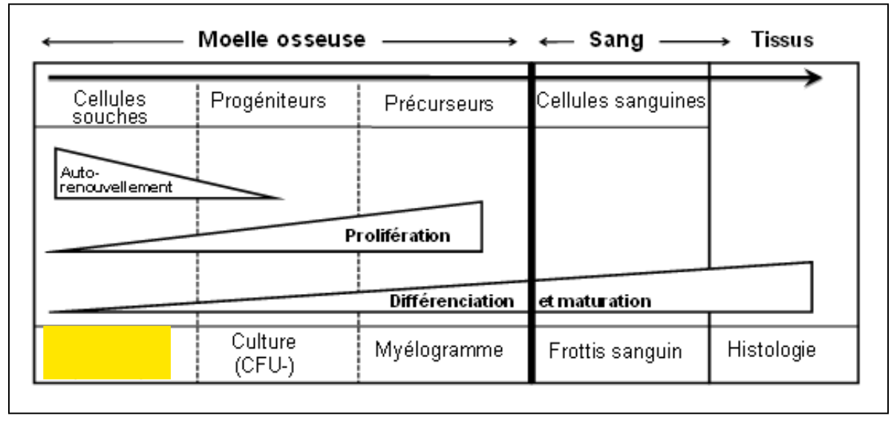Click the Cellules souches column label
111,108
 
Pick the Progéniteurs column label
269,102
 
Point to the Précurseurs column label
439,104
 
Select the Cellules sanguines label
620,102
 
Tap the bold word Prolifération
398,236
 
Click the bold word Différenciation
451,301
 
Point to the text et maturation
595,301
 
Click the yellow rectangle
108,353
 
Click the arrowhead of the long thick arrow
815,77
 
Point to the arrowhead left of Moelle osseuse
46,43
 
